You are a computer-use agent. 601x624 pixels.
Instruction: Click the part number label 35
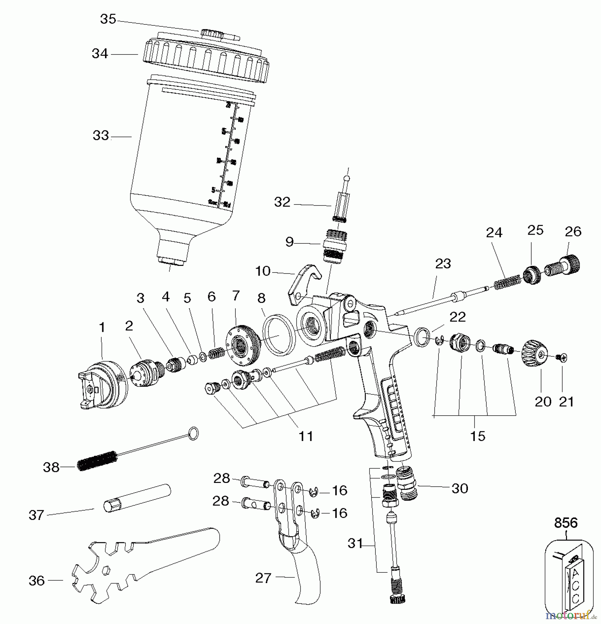point(108,19)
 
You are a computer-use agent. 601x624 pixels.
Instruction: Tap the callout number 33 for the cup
point(101,136)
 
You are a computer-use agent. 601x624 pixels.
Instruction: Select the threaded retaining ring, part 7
point(242,346)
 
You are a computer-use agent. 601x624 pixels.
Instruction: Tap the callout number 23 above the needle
point(443,264)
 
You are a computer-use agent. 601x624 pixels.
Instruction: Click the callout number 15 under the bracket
point(477,436)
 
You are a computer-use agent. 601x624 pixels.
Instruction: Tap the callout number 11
point(306,436)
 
